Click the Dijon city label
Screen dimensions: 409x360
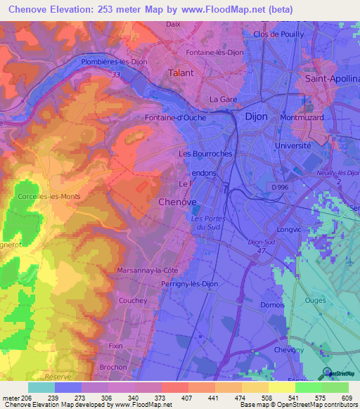255,118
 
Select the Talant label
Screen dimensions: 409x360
181,72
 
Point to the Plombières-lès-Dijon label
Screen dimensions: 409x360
113,61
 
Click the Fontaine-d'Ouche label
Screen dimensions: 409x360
175,117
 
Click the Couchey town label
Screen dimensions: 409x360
134,300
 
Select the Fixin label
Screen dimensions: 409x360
115,346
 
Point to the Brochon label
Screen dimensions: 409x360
112,367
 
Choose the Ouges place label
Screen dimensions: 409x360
316,300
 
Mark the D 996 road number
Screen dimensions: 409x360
280,186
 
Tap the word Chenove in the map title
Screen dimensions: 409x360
31,10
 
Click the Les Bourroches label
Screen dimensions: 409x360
205,153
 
